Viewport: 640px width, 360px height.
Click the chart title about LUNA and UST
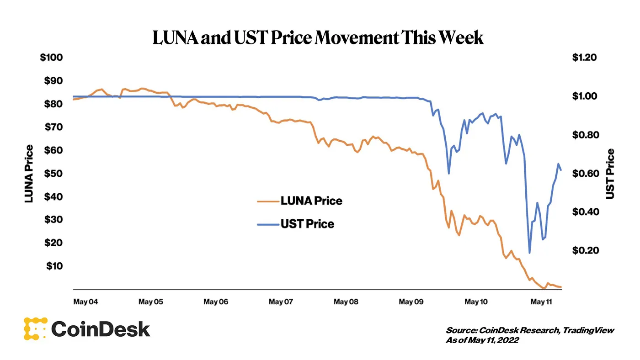click(x=317, y=37)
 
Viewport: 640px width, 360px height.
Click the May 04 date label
click(x=86, y=302)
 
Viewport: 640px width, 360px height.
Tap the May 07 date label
click(x=282, y=302)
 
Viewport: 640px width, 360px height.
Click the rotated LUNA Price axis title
click(x=29, y=174)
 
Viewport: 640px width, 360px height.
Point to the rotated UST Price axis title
click(x=610, y=174)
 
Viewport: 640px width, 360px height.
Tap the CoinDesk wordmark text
click(x=101, y=329)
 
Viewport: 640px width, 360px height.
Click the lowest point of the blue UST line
click(x=529, y=253)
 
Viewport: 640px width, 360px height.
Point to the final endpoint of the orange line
click(x=561, y=287)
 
